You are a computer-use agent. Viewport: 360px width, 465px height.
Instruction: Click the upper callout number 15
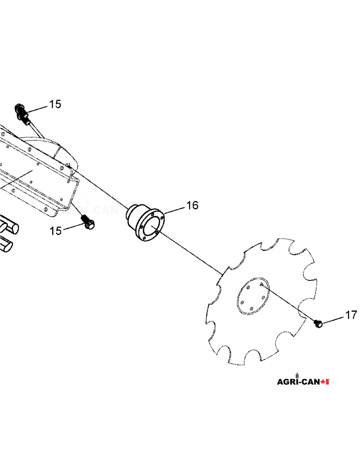pyautogui.click(x=55, y=104)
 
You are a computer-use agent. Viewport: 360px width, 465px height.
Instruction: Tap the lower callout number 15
pyautogui.click(x=56, y=231)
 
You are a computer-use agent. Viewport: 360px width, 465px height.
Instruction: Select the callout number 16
pyautogui.click(x=192, y=205)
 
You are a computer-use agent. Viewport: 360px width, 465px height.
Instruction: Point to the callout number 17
pyautogui.click(x=351, y=315)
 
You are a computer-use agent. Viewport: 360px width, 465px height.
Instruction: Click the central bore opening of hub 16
pyautogui.click(x=152, y=225)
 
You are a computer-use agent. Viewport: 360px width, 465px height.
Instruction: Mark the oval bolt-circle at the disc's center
pyautogui.click(x=253, y=296)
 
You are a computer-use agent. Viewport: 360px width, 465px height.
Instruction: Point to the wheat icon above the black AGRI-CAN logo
pyautogui.click(x=297, y=375)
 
